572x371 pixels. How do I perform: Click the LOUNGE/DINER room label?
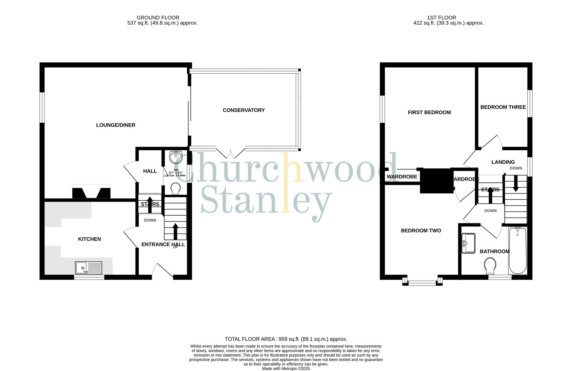(x=116, y=125)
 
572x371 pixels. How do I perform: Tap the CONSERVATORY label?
(x=244, y=110)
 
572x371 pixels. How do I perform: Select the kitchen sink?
(x=89, y=268)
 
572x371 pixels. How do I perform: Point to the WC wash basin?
(x=176, y=157)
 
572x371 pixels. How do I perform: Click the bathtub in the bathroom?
(x=518, y=250)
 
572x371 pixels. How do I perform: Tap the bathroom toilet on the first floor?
(x=490, y=266)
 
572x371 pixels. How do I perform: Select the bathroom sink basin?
(x=468, y=243)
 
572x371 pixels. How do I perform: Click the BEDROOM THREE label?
(x=503, y=107)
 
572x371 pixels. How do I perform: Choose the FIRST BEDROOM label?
(x=429, y=113)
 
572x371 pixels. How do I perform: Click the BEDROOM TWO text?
(x=421, y=231)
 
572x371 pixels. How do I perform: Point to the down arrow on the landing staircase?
(x=516, y=183)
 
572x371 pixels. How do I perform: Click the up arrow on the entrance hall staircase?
(x=175, y=231)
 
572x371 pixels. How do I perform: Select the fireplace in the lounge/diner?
(x=91, y=192)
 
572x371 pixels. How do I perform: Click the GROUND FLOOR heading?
(x=158, y=18)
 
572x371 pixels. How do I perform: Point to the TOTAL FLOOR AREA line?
(x=286, y=339)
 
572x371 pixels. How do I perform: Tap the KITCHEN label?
(x=90, y=239)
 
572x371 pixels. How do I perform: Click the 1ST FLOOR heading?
(x=442, y=18)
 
